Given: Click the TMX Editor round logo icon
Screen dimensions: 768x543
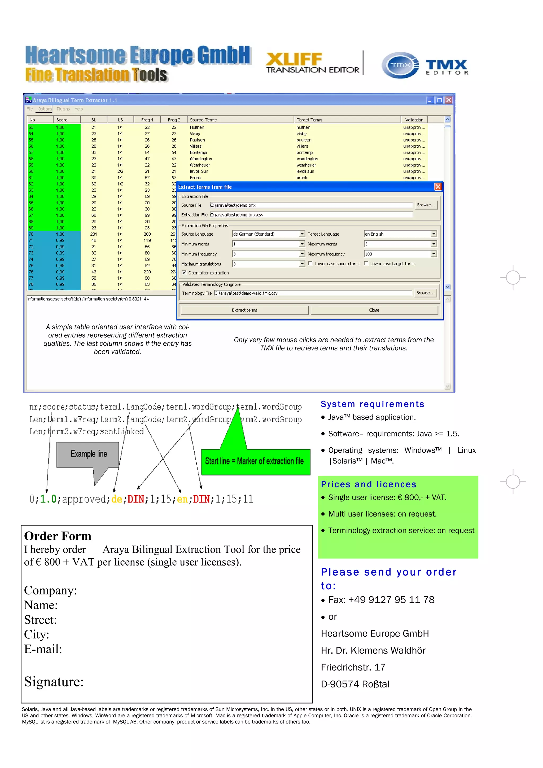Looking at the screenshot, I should (x=400, y=65).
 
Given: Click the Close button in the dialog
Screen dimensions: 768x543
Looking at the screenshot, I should (x=374, y=310).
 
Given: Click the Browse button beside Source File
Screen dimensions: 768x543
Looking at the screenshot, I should (x=426, y=205).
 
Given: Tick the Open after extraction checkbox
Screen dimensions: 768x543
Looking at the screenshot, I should (x=184, y=273).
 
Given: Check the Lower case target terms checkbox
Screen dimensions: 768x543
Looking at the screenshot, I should (x=366, y=264).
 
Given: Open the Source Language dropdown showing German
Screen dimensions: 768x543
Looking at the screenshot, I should (x=302, y=234).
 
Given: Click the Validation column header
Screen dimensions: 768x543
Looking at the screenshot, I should (x=414, y=120).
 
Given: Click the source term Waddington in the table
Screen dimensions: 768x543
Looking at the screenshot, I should (x=201, y=159).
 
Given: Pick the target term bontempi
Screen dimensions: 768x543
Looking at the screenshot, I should (x=305, y=153).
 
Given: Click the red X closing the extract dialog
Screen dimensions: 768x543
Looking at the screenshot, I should (x=438, y=187).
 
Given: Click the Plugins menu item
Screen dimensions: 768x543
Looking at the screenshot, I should (x=63, y=109).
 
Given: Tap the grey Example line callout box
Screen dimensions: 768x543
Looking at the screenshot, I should (x=88, y=454).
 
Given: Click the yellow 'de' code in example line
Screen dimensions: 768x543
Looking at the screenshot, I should (x=117, y=499).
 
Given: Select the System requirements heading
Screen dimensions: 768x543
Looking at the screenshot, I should (x=372, y=404).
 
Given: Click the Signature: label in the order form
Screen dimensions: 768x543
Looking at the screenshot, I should (x=54, y=682).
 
